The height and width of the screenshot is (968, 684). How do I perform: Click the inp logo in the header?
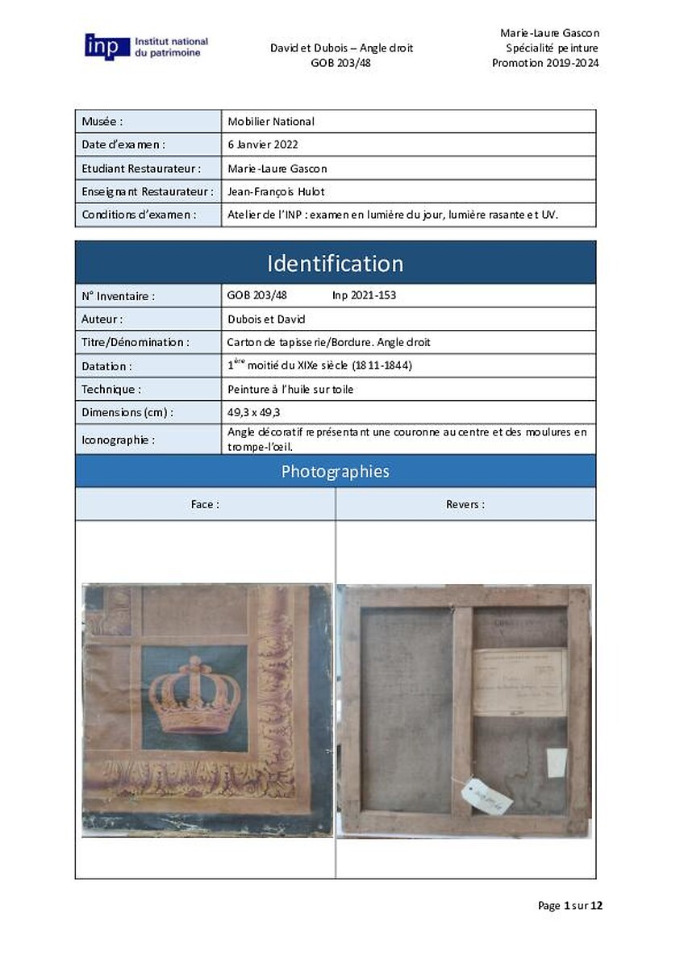click(x=107, y=46)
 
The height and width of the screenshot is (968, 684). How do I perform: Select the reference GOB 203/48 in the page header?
click(x=341, y=63)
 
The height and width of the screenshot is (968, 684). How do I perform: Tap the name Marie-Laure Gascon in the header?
click(x=549, y=33)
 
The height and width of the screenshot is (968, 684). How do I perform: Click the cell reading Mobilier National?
click(x=271, y=122)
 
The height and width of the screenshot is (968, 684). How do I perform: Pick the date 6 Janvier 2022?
click(x=263, y=145)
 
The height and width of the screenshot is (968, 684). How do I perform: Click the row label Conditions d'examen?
click(x=139, y=215)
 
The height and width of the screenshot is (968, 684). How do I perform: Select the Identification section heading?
click(x=335, y=264)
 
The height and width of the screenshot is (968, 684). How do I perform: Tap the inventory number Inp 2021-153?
click(x=364, y=295)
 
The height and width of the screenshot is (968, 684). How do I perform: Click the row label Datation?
click(x=106, y=365)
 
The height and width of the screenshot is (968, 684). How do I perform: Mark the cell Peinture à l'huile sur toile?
click(x=290, y=389)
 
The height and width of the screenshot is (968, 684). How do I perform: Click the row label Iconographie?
click(x=117, y=440)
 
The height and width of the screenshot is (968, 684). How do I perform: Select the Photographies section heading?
click(x=335, y=471)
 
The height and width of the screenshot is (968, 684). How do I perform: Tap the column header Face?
click(x=205, y=504)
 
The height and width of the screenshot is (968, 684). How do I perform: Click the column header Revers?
click(x=465, y=504)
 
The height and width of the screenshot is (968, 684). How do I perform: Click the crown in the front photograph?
click(x=195, y=695)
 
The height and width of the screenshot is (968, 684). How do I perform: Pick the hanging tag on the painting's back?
click(x=486, y=797)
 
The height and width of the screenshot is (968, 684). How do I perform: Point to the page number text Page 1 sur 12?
click(x=569, y=906)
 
